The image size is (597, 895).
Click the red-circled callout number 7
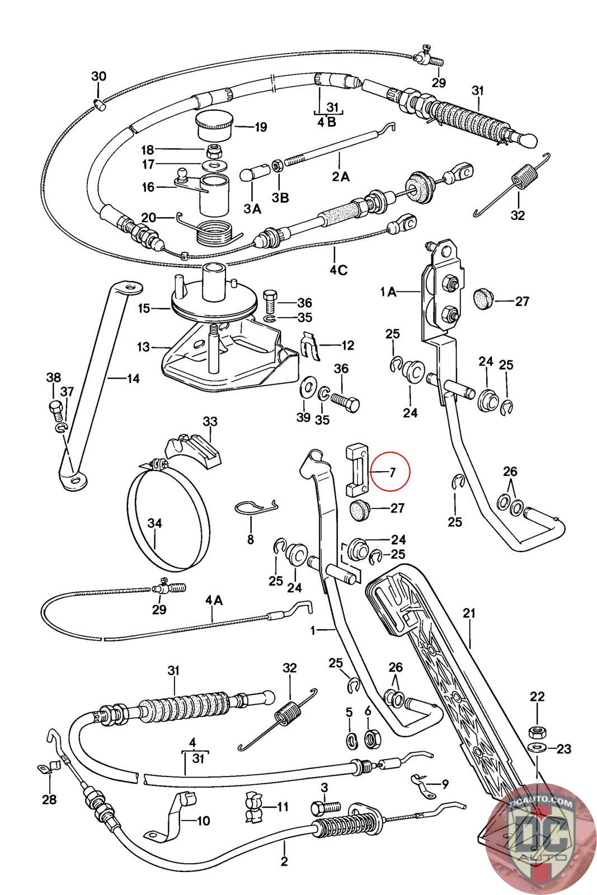point(392,472)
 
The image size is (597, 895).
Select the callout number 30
point(98,76)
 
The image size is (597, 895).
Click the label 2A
point(340,176)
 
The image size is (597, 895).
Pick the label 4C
point(338,270)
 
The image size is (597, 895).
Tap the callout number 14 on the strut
point(133,378)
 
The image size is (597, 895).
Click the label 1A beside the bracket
point(388,291)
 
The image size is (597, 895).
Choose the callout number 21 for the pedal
point(469,613)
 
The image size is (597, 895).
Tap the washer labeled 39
point(307,388)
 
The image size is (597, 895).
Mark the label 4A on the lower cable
point(214,600)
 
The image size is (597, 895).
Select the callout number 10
point(203,821)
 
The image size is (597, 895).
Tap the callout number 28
point(49,800)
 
